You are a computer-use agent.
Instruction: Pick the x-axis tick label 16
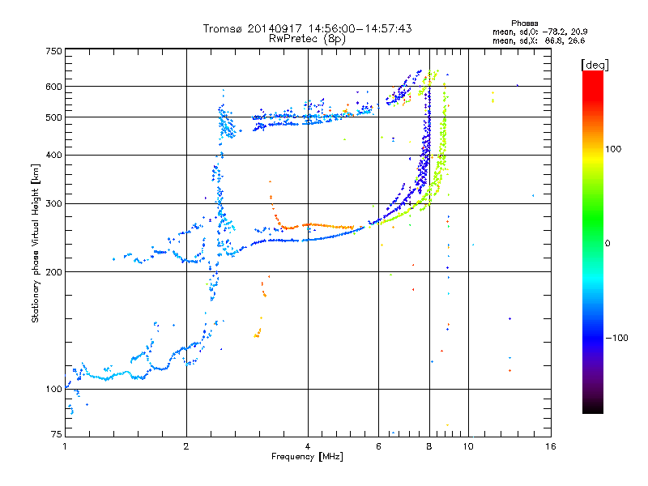point(550,446)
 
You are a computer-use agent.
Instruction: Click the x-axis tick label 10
point(468,446)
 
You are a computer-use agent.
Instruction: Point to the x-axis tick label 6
point(379,446)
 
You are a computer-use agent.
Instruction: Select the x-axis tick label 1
point(65,446)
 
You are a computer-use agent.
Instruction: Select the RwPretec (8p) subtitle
point(307,38)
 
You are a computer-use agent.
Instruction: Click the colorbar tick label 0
point(608,243)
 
